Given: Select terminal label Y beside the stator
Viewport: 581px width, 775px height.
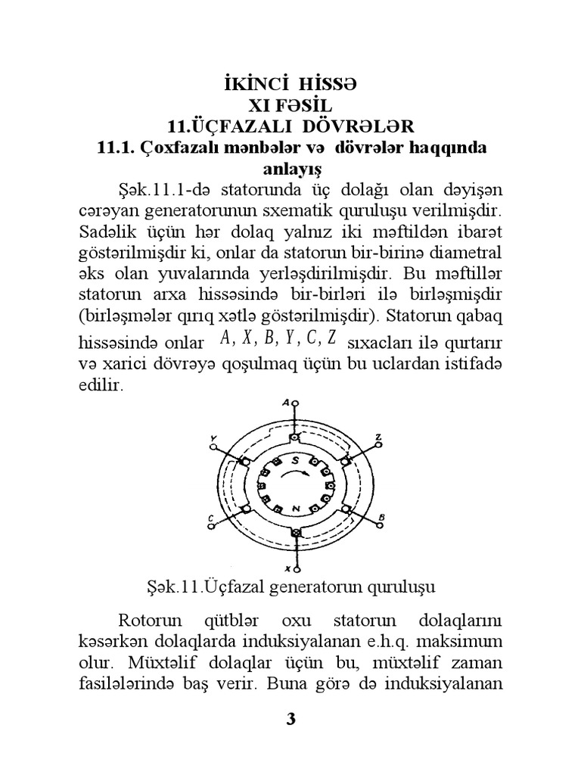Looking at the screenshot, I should pos(215,439).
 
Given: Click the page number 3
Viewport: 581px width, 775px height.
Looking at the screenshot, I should pos(290,719).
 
